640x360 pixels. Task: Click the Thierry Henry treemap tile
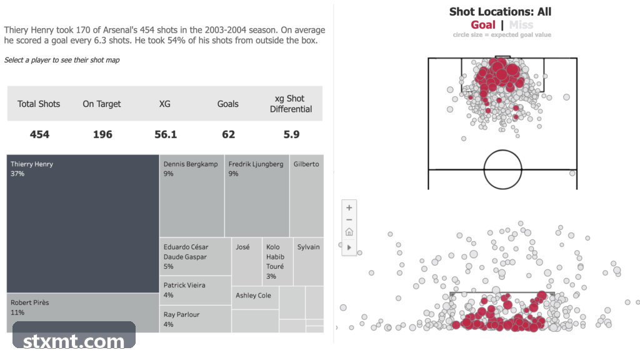[x=83, y=223]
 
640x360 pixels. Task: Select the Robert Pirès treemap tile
[x=83, y=312]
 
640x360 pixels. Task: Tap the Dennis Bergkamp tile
[x=192, y=196]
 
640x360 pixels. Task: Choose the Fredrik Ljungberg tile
[x=257, y=196]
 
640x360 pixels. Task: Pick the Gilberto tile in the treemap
[x=306, y=196]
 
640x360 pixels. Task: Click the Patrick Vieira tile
[x=195, y=290]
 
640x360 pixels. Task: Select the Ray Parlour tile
[x=195, y=319]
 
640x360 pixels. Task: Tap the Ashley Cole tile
[x=255, y=297]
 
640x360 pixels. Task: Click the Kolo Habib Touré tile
[x=277, y=262]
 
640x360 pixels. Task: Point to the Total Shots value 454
[x=39, y=134]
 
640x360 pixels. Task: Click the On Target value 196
[x=102, y=134]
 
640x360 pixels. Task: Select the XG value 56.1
[x=165, y=134]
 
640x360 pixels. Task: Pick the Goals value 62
[x=229, y=134]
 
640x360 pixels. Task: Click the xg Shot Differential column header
[x=291, y=104]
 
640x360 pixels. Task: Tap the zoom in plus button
[x=349, y=207]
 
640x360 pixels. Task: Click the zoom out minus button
[x=349, y=219]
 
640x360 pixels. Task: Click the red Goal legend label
[x=483, y=25]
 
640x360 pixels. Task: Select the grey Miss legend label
[x=521, y=25]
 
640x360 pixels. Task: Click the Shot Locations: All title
[x=500, y=11]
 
